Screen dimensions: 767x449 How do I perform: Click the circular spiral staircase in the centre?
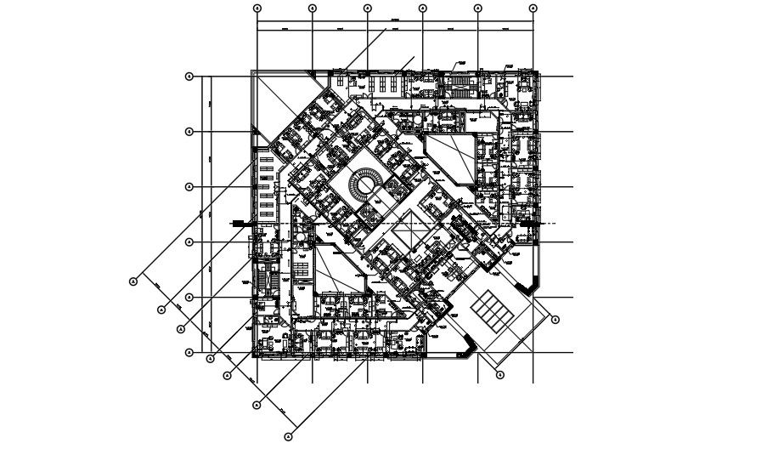click(x=367, y=183)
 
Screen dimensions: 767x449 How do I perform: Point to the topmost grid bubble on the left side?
click(x=189, y=77)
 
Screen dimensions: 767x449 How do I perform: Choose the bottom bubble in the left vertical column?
click(x=189, y=352)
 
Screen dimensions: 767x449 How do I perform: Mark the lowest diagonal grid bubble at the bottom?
click(x=288, y=437)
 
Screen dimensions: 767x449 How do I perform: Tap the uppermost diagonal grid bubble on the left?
click(x=133, y=281)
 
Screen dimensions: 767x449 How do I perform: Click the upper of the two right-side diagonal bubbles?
click(x=555, y=320)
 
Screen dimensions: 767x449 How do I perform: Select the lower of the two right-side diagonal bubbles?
click(x=499, y=374)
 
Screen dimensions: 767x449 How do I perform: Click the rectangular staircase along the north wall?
click(x=460, y=82)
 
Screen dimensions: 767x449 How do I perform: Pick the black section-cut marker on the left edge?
click(x=238, y=223)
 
